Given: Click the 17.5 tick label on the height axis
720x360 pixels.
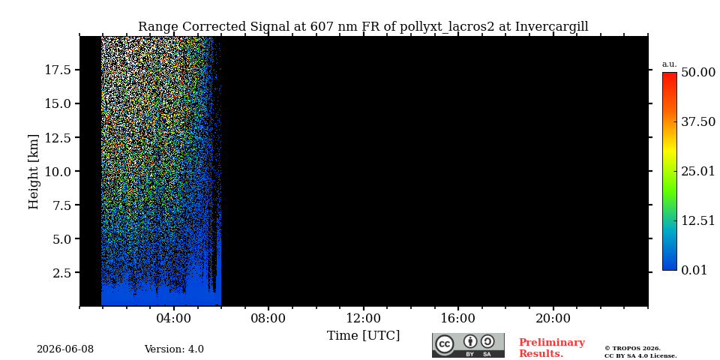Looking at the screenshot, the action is [x=58, y=70].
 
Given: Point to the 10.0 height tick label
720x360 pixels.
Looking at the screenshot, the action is [x=58, y=171].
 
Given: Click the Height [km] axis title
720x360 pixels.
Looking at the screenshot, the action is [x=34, y=172].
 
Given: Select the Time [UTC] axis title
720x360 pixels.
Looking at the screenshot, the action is [x=363, y=336].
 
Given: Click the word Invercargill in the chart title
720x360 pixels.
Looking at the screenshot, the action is [x=551, y=27].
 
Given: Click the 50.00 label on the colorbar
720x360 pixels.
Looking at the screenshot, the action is [x=698, y=72].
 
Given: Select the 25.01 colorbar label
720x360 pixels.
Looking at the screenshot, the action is [x=698, y=171].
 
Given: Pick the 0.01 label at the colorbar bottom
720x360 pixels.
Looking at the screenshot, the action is [x=694, y=270].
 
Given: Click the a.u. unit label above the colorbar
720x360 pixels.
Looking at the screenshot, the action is [x=670, y=64].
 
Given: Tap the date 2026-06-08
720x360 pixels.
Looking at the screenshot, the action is [x=65, y=349].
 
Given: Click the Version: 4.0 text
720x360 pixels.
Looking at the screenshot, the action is [x=174, y=349].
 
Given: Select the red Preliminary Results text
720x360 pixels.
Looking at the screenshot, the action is [x=551, y=348].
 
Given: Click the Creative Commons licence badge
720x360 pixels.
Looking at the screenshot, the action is [x=468, y=345].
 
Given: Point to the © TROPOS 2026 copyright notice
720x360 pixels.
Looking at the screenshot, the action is [x=632, y=349].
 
